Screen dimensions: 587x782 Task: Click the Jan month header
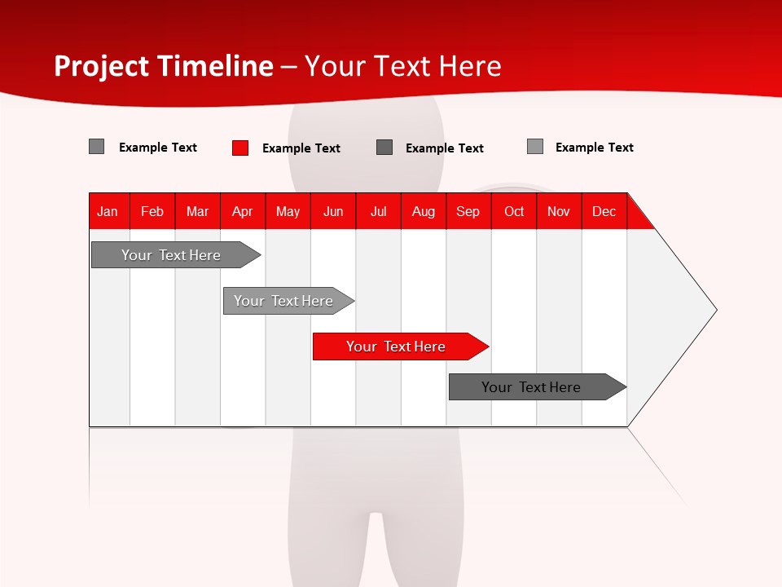(x=108, y=211)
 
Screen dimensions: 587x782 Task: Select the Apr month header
(x=243, y=211)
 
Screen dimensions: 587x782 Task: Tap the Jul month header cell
(x=378, y=211)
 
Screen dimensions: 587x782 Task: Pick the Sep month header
(x=468, y=211)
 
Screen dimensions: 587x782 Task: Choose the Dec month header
(x=604, y=211)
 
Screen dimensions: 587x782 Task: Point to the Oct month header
(x=514, y=211)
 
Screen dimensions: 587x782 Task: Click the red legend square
(x=240, y=148)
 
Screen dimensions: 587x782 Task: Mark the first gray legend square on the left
(x=97, y=147)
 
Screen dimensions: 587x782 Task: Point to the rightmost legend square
(x=535, y=147)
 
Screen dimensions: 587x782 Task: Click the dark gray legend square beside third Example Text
(x=384, y=148)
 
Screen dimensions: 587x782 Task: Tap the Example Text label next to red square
(x=301, y=148)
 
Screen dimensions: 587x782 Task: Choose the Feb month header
(x=152, y=211)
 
